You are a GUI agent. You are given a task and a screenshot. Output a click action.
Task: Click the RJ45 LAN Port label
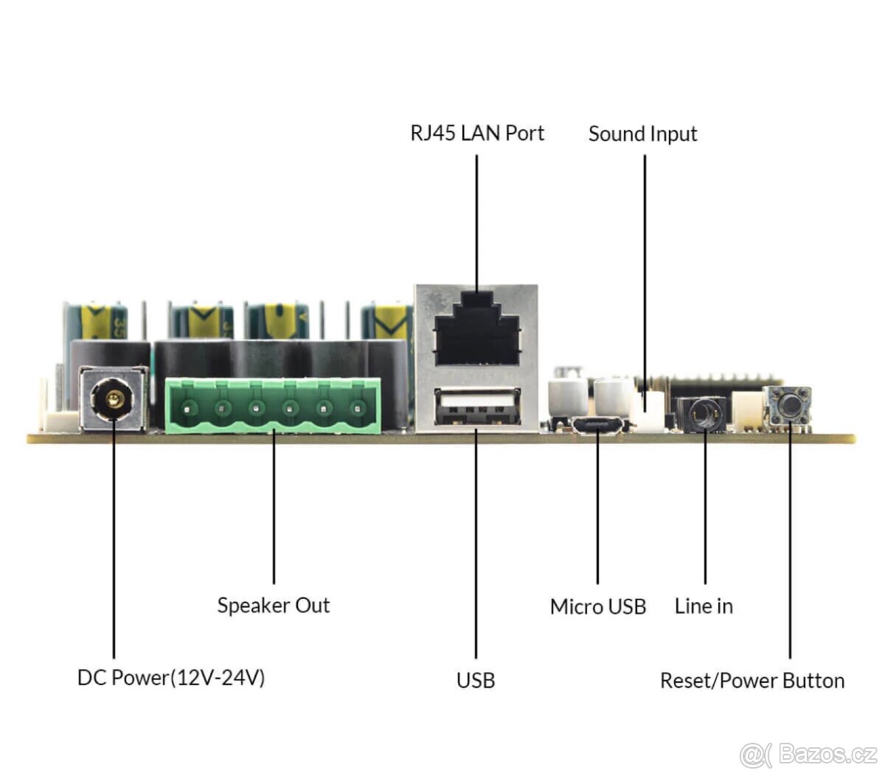click(x=477, y=134)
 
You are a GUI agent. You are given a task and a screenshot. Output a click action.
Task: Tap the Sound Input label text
click(x=642, y=134)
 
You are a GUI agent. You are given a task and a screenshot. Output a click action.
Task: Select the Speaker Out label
click(x=273, y=606)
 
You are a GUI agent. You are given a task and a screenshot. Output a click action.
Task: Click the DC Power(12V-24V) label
click(x=170, y=678)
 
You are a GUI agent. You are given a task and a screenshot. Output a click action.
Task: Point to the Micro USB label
click(x=597, y=607)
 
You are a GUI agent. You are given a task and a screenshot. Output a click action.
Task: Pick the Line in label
click(x=704, y=606)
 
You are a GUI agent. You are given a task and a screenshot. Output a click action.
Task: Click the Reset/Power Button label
click(x=752, y=681)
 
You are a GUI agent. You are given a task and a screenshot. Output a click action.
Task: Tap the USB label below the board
click(x=476, y=680)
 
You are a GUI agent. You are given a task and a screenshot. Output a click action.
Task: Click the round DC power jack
click(x=113, y=399)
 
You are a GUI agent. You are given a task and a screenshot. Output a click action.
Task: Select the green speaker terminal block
click(x=273, y=406)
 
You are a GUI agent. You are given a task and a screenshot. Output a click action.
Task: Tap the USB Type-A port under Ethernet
click(x=476, y=406)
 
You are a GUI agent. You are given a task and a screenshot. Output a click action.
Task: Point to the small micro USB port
click(x=597, y=426)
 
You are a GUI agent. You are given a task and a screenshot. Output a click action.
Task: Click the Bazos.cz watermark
click(x=808, y=755)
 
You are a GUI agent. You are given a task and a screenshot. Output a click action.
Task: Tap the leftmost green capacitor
click(x=96, y=322)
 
